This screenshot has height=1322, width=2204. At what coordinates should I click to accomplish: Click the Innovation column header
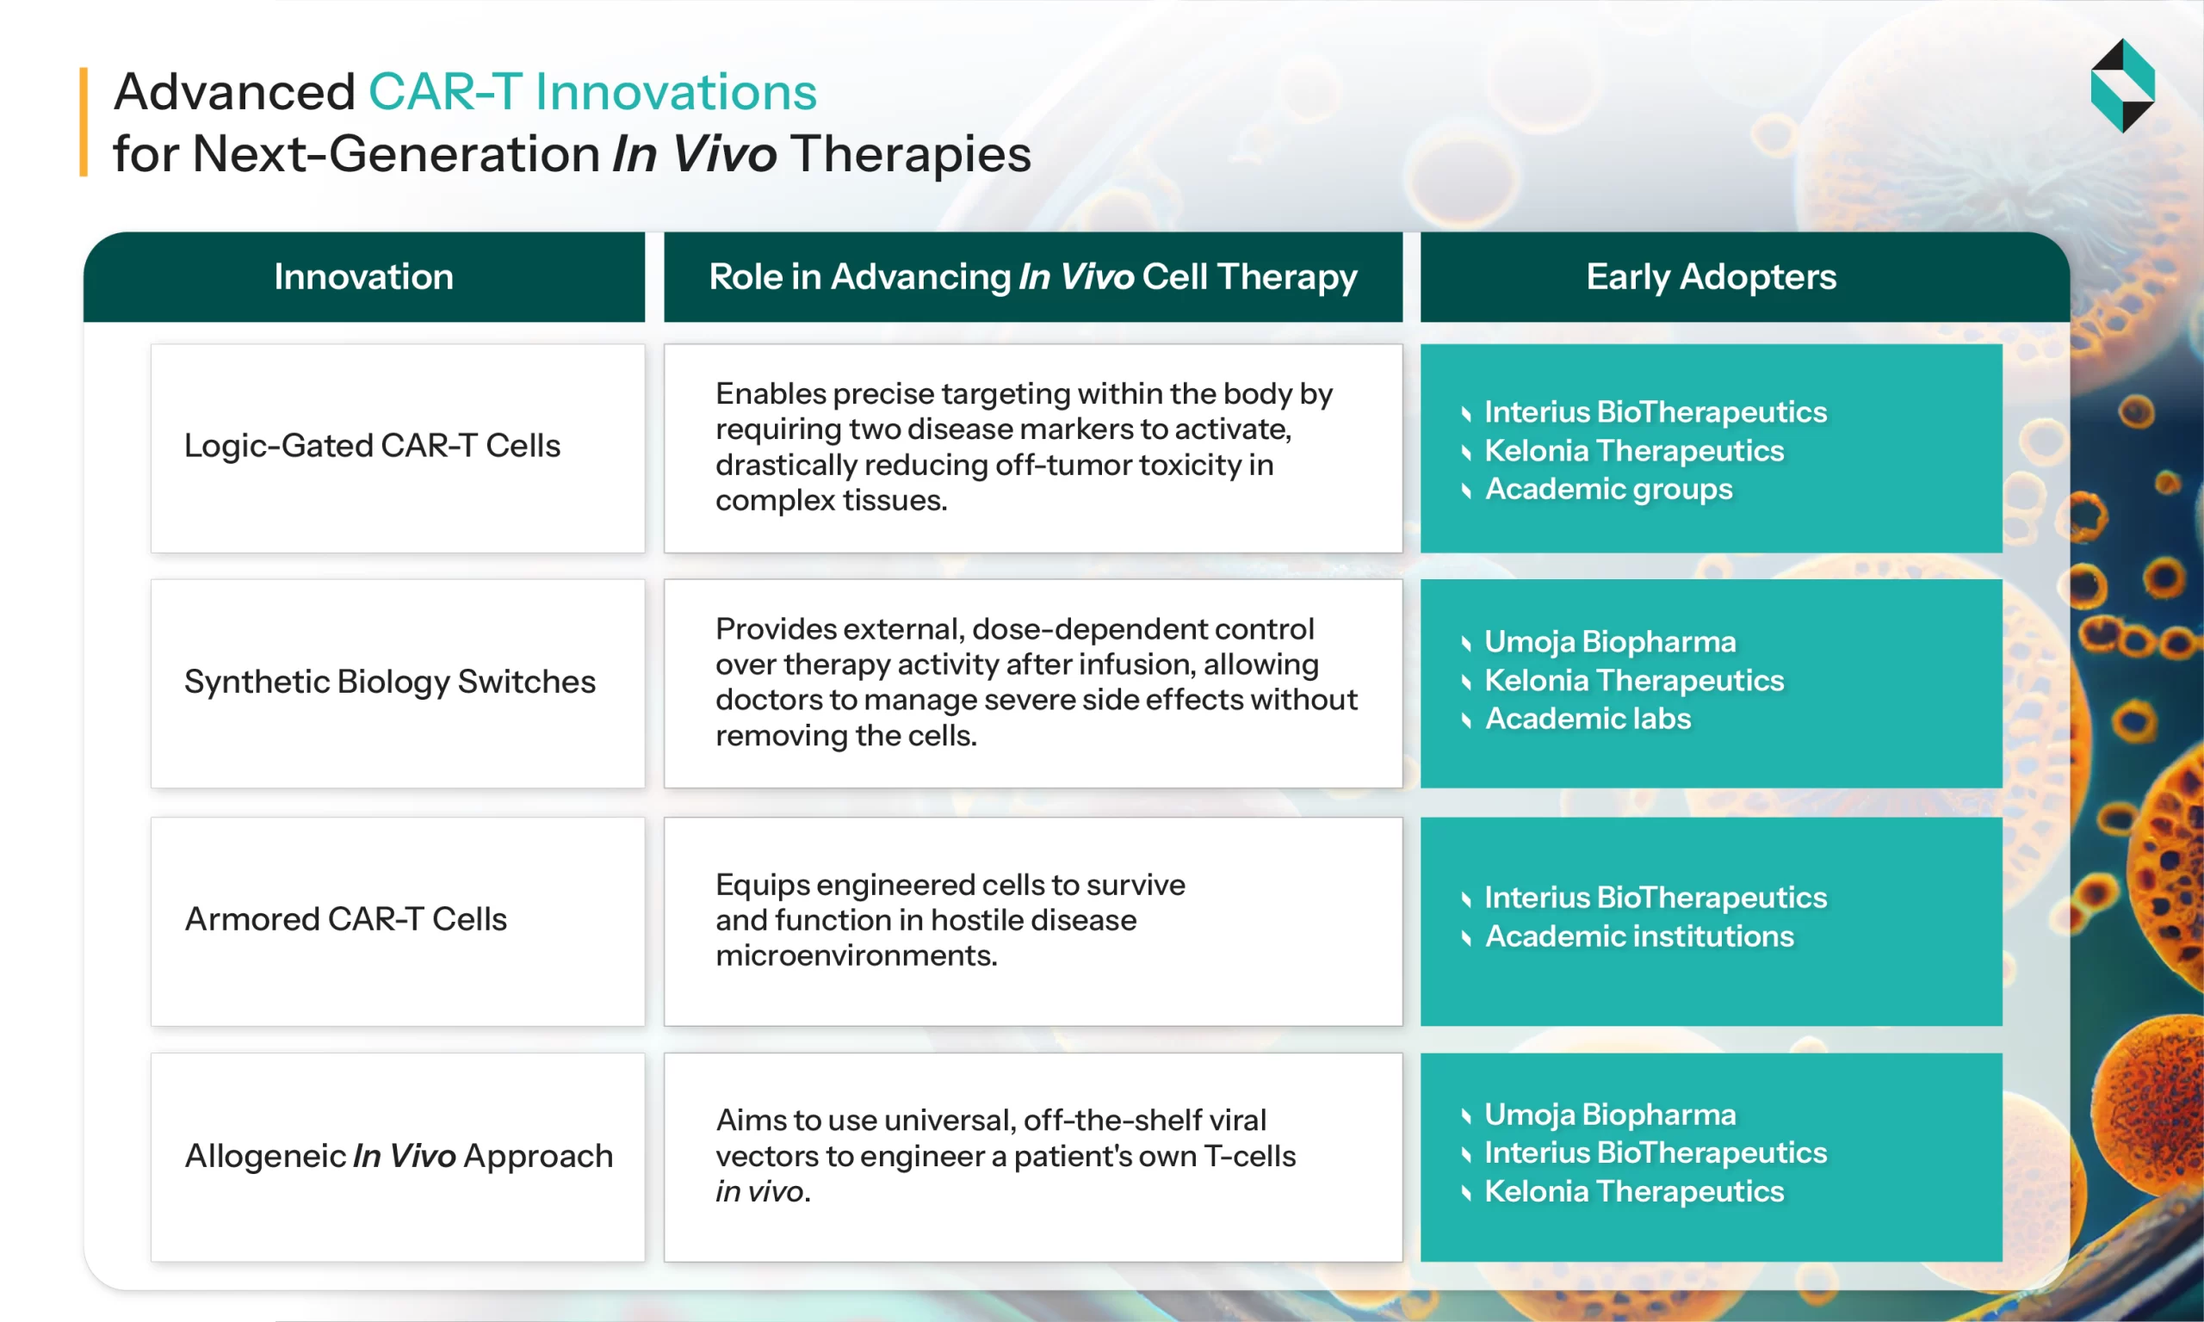(x=363, y=277)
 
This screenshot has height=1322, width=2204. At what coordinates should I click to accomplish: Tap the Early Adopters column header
(x=1711, y=277)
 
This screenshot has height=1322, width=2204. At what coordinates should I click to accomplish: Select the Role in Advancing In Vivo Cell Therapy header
(x=1032, y=277)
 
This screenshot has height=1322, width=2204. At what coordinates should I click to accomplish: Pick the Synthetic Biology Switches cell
(x=389, y=683)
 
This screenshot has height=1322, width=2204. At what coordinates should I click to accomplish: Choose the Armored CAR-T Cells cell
(x=345, y=919)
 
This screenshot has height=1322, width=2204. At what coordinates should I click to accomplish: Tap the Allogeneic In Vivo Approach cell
(x=399, y=1156)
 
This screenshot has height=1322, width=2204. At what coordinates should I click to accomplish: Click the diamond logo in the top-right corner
(x=2122, y=85)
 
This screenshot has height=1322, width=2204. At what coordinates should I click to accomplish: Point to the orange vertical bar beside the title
(x=84, y=122)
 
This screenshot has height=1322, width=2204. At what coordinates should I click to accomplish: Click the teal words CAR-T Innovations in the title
(x=592, y=93)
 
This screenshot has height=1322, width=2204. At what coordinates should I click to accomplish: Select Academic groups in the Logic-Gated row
(x=1608, y=489)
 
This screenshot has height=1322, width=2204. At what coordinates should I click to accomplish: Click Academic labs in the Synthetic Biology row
(x=1588, y=719)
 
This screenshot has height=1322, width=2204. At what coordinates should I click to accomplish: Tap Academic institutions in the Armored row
(x=1639, y=936)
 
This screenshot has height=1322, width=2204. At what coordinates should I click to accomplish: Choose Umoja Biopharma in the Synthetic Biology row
(x=1610, y=641)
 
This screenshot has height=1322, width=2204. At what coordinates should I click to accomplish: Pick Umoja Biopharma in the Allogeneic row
(x=1610, y=1115)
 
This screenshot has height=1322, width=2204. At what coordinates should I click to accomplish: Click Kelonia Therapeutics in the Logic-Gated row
(x=1634, y=451)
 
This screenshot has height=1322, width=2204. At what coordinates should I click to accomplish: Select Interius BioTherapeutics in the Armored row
(x=1656, y=897)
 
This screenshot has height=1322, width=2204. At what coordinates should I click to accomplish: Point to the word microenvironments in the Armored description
(x=855, y=956)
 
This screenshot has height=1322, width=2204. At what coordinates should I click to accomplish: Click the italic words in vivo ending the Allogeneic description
(x=760, y=1192)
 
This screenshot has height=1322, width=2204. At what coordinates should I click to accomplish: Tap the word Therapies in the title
(x=911, y=154)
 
